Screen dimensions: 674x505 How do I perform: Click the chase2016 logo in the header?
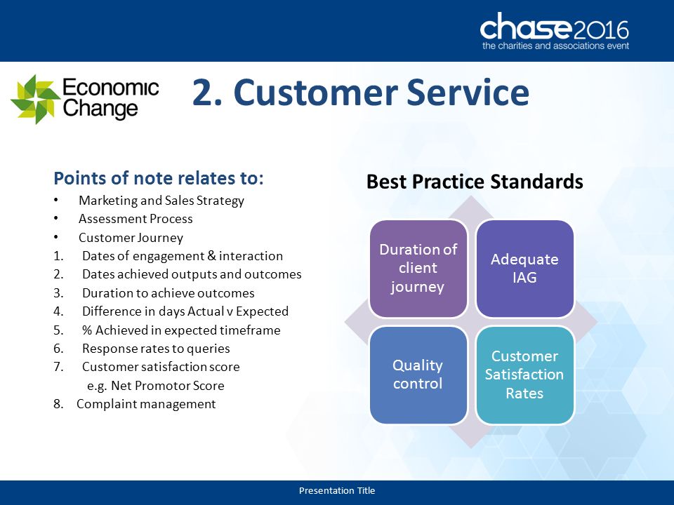555,32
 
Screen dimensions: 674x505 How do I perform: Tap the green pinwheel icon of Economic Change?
35,99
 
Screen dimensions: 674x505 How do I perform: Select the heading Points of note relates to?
159,177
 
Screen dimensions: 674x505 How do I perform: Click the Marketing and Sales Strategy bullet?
161,201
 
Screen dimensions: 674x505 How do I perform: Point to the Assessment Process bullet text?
136,219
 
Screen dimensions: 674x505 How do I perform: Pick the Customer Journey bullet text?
131,238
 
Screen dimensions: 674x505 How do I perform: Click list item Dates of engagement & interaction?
183,256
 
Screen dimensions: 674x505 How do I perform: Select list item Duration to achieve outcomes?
168,293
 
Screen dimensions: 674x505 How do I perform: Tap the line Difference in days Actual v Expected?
185,311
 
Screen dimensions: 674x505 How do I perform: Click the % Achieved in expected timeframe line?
181,330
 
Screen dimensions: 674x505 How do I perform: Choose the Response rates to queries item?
156,349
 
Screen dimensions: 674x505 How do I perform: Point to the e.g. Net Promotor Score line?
156,386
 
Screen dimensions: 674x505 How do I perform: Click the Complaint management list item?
146,404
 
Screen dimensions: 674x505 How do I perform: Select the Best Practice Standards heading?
475,182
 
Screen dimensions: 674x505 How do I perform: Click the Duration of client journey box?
418,269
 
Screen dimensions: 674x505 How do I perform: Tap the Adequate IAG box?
525,269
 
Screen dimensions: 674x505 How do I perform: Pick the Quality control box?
418,375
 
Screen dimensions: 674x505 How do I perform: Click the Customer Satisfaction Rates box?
525,375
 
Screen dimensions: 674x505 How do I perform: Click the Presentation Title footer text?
337,490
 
